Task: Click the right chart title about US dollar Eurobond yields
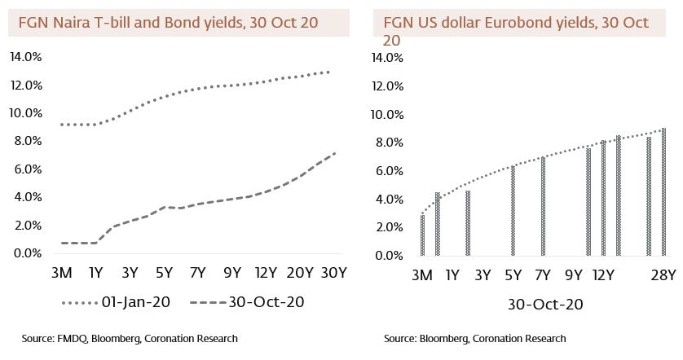point(516,23)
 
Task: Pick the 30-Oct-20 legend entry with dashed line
point(248,302)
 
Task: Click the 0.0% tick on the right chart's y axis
point(387,256)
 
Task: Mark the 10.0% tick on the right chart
point(387,114)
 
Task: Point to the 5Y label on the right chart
point(513,275)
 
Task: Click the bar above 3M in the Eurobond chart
point(422,235)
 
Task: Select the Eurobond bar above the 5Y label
point(513,211)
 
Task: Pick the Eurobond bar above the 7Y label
point(543,206)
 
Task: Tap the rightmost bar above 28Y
point(663,192)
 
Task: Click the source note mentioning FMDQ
point(130,338)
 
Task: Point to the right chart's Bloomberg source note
point(474,338)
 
